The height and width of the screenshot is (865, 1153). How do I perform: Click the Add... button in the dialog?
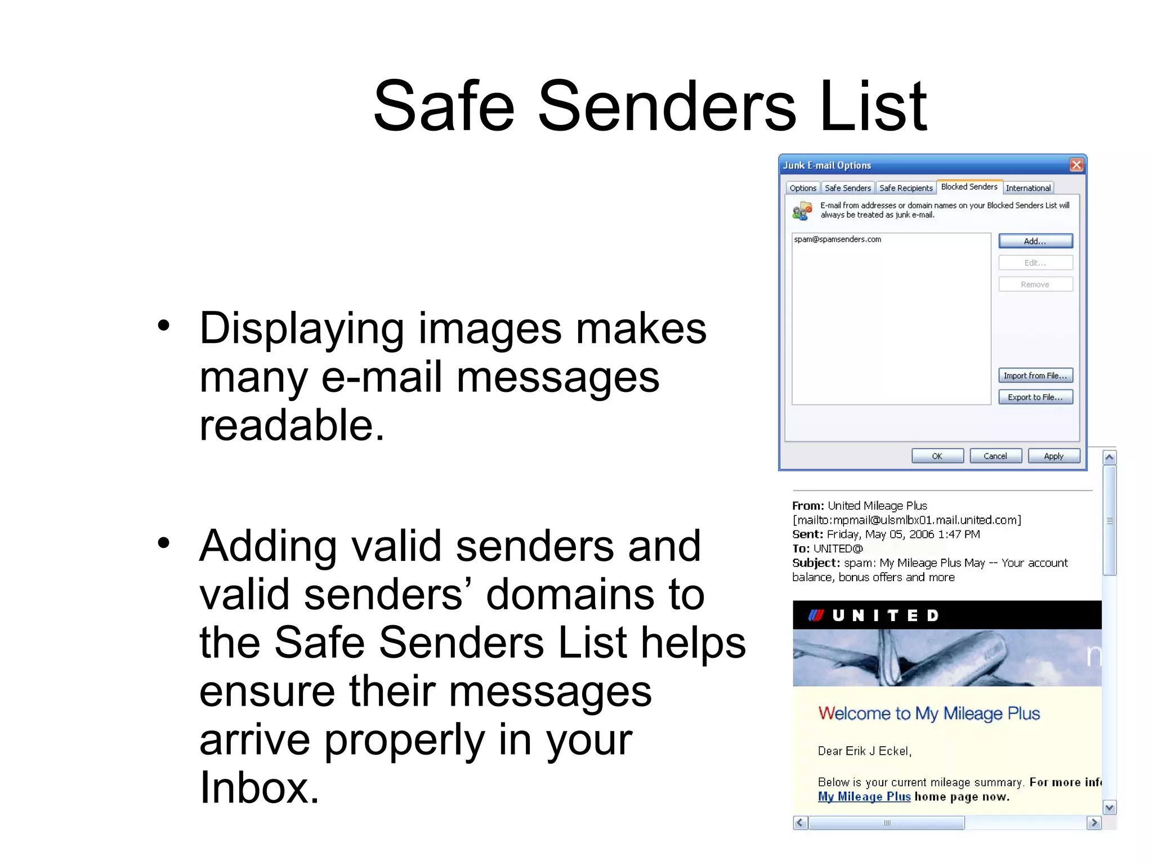coord(1035,241)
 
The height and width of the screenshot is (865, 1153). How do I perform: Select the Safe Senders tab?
coord(847,188)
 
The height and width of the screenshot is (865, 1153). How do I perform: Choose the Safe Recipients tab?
coord(906,188)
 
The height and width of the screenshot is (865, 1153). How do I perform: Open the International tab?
coord(1028,188)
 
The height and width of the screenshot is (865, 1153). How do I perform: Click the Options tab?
coord(803,188)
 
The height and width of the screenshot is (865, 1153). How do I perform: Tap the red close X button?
coord(1076,164)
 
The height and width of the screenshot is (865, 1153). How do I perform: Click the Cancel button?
coord(995,456)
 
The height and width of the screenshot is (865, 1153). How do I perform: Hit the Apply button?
coord(1053,456)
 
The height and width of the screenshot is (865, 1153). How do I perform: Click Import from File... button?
coord(1035,376)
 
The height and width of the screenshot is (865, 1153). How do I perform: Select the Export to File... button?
coord(1035,397)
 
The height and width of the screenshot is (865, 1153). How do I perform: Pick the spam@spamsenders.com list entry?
coord(838,239)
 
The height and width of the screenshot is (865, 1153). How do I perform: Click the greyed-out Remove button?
coord(1035,284)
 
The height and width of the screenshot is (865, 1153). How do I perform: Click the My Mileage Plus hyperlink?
coord(864,797)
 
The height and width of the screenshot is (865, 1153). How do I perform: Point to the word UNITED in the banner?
coord(886,616)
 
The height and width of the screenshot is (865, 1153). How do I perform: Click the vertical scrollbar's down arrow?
coord(1109,808)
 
